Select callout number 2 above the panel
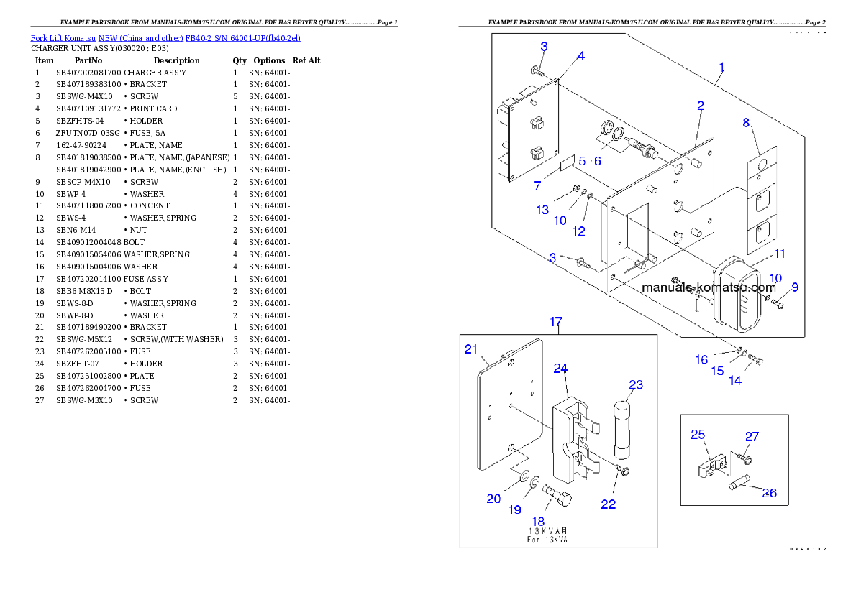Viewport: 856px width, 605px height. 701,106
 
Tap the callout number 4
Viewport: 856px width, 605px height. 580,55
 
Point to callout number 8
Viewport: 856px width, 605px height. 746,122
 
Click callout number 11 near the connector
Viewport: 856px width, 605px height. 780,254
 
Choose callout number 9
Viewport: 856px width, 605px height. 795,287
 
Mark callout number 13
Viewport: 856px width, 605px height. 542,210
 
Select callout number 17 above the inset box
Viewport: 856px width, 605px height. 556,322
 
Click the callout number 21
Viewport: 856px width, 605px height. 470,349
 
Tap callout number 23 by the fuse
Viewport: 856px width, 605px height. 636,384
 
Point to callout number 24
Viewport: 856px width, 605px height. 560,369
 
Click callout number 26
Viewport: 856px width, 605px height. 769,493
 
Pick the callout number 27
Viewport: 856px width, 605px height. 752,436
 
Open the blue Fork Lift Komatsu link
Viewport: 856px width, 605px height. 165,37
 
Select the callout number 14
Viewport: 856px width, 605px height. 734,381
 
